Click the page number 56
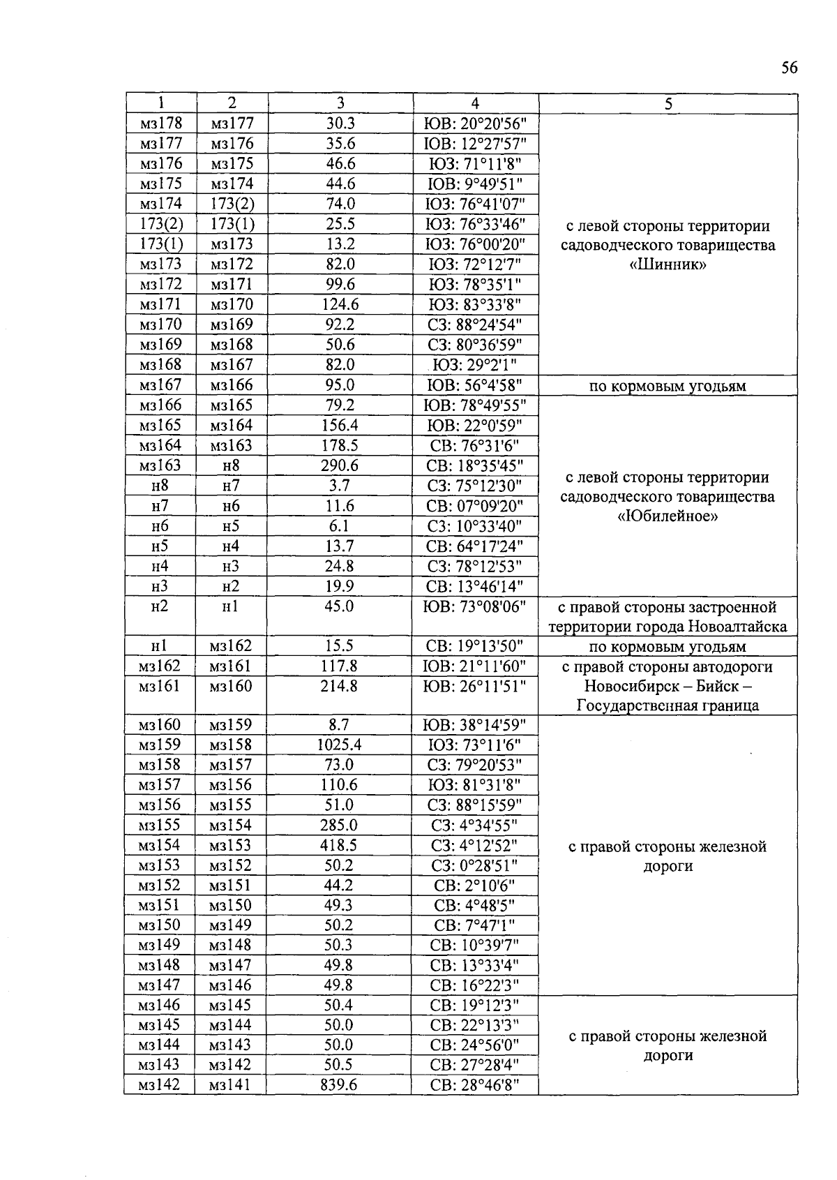(x=789, y=68)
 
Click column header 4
(x=475, y=103)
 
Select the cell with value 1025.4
(x=339, y=745)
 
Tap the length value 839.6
(x=339, y=1084)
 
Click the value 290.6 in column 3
(x=339, y=465)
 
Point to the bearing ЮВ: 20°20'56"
(x=475, y=124)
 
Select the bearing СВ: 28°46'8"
(x=475, y=1084)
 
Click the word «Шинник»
(x=668, y=265)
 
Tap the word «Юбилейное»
(x=668, y=516)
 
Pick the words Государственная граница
(x=668, y=705)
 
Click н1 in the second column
(x=230, y=606)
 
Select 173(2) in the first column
(x=160, y=224)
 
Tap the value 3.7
(x=339, y=486)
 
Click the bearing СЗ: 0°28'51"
(x=475, y=865)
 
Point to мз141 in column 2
(x=230, y=1084)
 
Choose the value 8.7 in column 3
(x=339, y=725)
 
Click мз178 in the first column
(x=160, y=124)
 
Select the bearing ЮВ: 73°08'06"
(x=475, y=606)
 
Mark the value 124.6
(x=339, y=304)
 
